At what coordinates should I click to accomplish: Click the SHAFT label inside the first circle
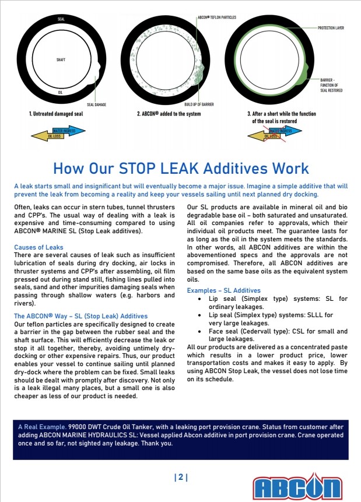61,60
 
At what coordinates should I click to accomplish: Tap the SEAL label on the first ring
61,20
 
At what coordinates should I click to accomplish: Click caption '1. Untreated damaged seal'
56,114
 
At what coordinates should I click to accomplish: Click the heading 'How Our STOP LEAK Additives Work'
181,168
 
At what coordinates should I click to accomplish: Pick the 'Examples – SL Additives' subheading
223,290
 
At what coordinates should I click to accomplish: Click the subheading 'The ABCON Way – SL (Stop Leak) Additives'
81,316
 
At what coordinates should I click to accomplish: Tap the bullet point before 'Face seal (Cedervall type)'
200,330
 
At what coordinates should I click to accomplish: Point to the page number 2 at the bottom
181,478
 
